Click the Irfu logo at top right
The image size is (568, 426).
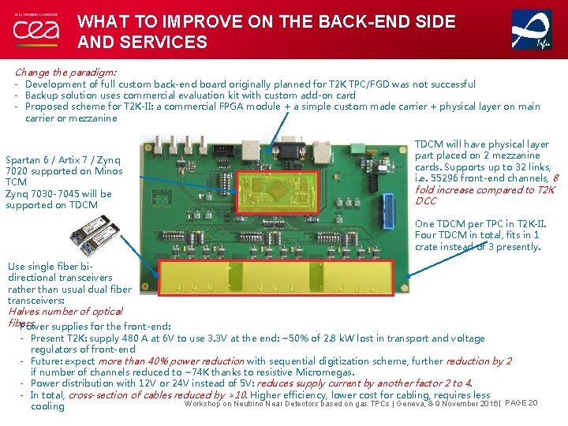(x=532, y=29)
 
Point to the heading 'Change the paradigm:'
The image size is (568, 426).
(x=65, y=72)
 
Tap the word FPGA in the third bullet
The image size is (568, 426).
(x=248, y=106)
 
